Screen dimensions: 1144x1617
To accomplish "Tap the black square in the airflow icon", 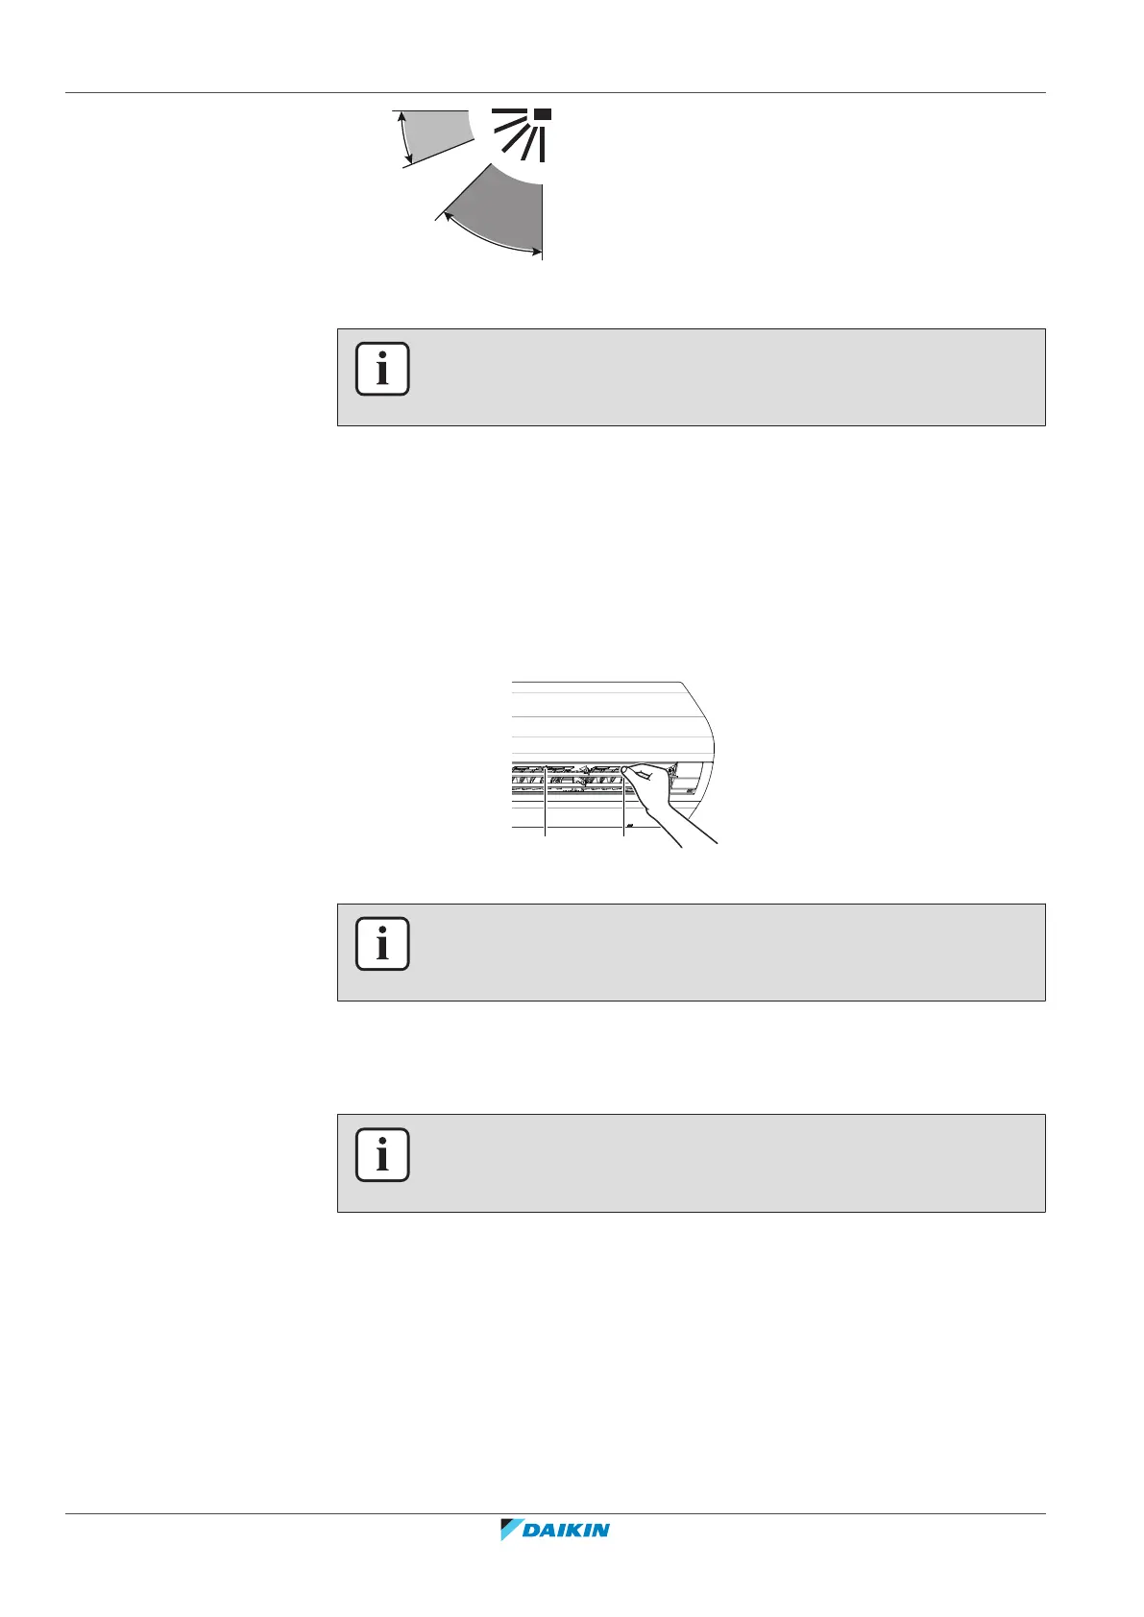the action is [x=544, y=115].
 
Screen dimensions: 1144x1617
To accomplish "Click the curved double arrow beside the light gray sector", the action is [x=405, y=137].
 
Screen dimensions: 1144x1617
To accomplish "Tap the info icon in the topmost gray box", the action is [x=382, y=369].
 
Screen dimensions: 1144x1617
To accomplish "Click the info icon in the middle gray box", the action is [x=382, y=944].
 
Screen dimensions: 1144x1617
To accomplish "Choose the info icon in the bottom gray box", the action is [x=382, y=1154].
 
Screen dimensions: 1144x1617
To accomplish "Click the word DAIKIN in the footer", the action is [x=567, y=1557].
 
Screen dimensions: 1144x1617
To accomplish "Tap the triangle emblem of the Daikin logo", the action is [x=510, y=1557].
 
